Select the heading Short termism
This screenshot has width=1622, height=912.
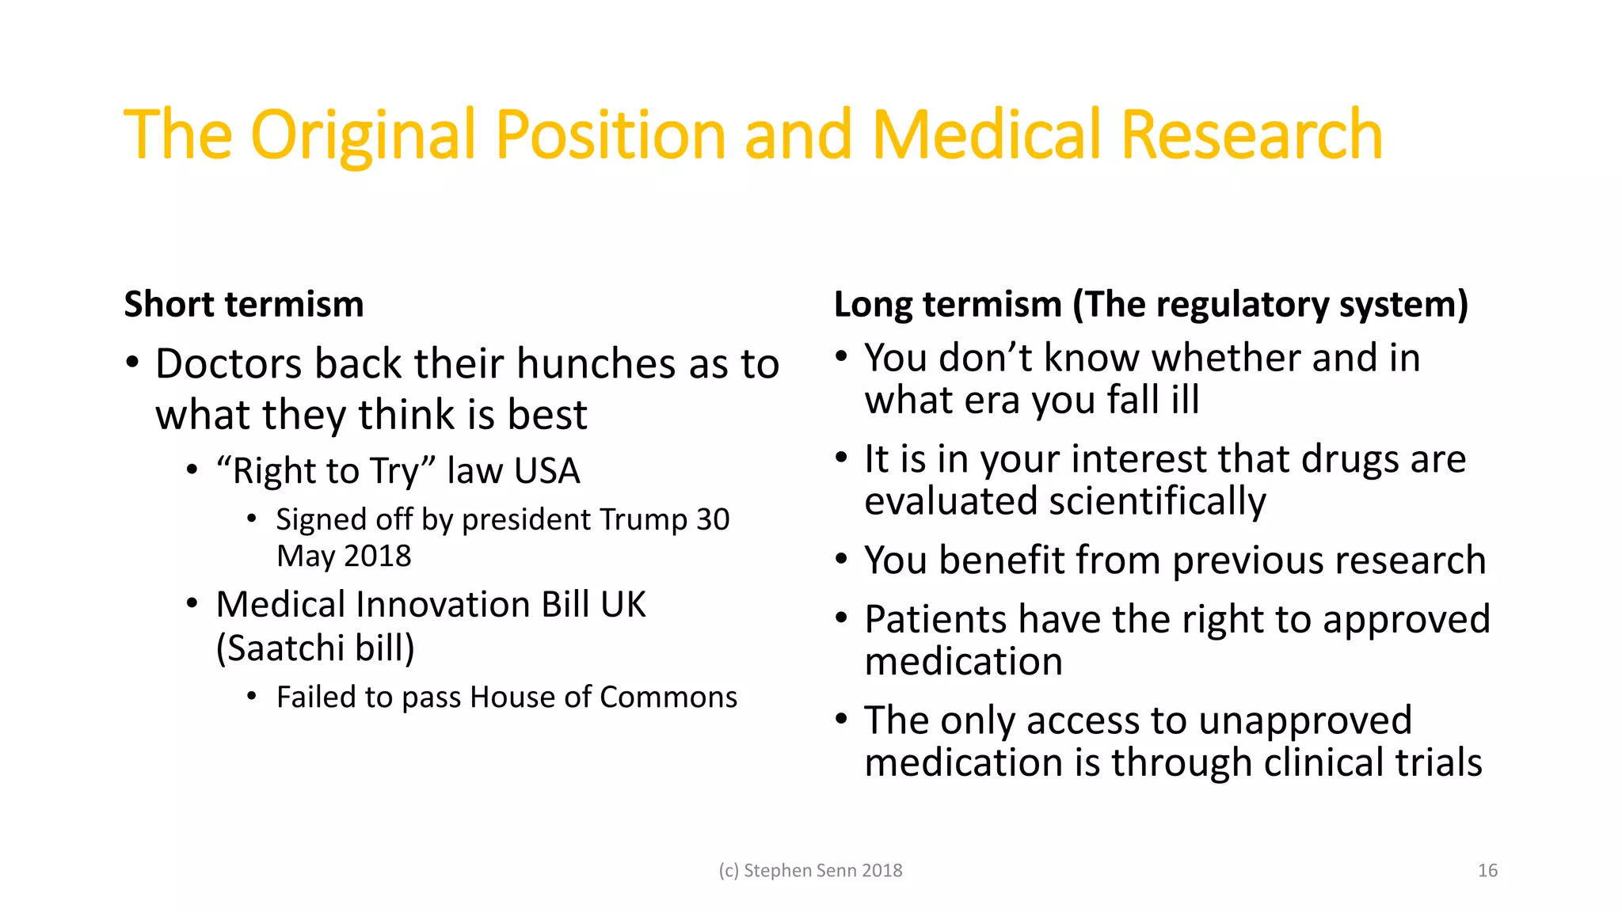[x=244, y=305]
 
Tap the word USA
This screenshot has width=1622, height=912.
[x=546, y=472]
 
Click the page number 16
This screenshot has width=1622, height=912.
[x=1487, y=871]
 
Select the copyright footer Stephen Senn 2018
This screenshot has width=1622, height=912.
[x=810, y=871]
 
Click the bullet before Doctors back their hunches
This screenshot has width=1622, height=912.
[x=133, y=363]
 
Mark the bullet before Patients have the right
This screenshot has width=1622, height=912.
[x=842, y=617]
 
